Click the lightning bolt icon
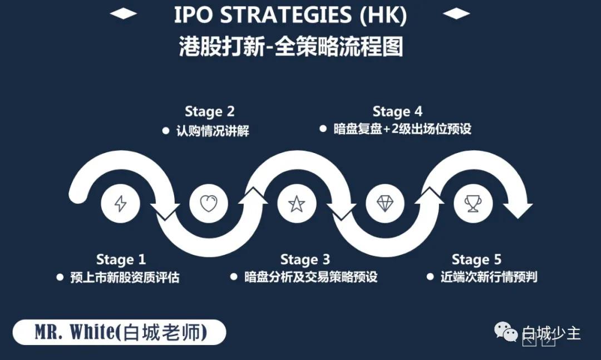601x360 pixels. pos(120,204)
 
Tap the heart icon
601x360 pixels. pos(209,203)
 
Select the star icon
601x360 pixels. pos(297,204)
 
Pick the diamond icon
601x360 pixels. pos(385,203)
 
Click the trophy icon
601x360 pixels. pos(474,203)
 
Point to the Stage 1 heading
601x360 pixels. pos(121,259)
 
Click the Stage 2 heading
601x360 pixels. pos(209,112)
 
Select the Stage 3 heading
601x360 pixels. pos(305,259)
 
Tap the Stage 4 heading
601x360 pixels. pos(397,112)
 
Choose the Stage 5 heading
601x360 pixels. pos(476,259)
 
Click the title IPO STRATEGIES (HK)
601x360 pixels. pos(290,16)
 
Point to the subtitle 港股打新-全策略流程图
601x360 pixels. pos(291,46)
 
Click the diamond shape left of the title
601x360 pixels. pos(124,14)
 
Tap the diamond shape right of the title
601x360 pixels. pos(456,14)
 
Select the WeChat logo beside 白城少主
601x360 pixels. pos(506,331)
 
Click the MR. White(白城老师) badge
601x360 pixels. pos(119,332)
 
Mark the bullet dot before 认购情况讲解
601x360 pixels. pos(166,131)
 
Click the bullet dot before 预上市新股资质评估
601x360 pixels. pos(60,277)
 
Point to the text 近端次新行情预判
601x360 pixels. pos(489,277)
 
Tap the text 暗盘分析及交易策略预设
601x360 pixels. pos(311,277)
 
